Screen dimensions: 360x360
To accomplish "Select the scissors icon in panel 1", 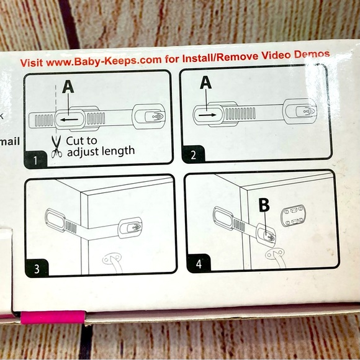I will point(56,146).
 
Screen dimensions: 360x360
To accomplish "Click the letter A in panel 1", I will point(68,88).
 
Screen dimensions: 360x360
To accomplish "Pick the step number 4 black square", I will point(198,263).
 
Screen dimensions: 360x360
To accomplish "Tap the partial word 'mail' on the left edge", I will point(9,142).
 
